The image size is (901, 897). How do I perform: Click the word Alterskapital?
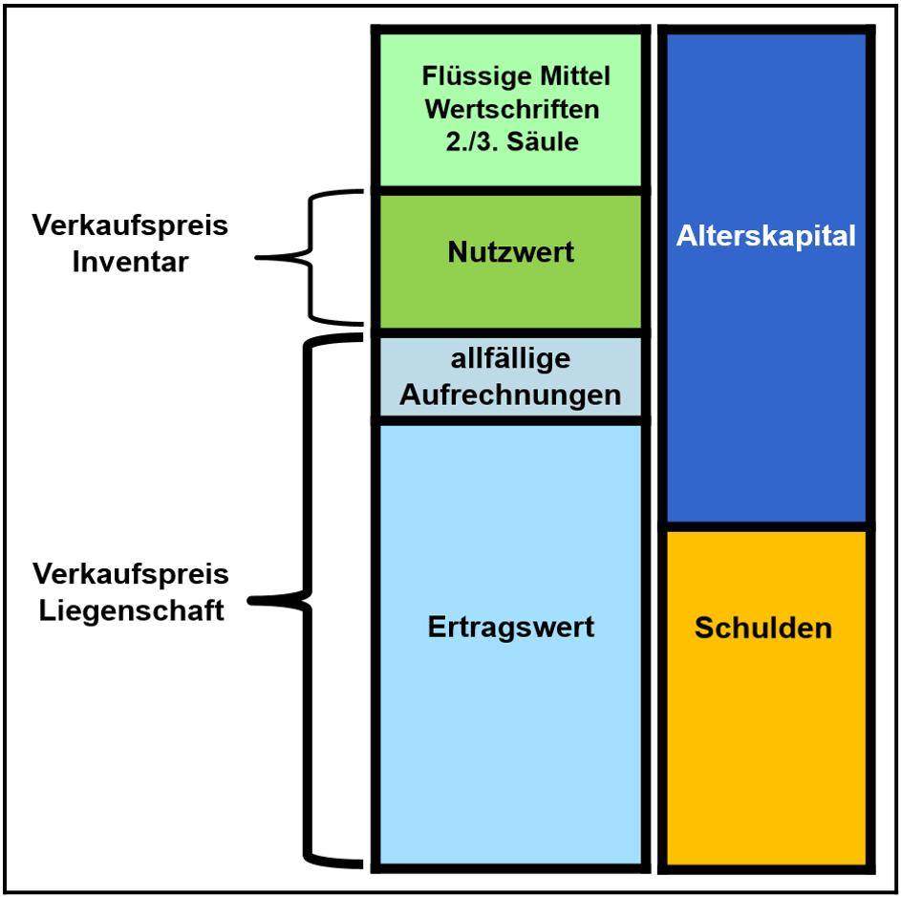pyautogui.click(x=765, y=236)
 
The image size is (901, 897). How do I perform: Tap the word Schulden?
pyautogui.click(x=762, y=628)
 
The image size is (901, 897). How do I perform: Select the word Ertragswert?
pyautogui.click(x=510, y=627)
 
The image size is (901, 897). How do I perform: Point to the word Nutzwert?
pyautogui.click(x=510, y=252)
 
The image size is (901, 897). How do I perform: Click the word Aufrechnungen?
pyautogui.click(x=510, y=395)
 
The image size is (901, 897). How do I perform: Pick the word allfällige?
pyautogui.click(x=510, y=359)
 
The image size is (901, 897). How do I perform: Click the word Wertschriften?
pyautogui.click(x=512, y=109)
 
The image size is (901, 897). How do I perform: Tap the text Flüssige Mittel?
pyautogui.click(x=516, y=75)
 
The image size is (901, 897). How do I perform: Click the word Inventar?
pyautogui.click(x=131, y=262)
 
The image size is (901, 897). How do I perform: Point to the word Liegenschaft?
pyautogui.click(x=132, y=609)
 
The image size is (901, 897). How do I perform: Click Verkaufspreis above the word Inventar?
pyautogui.click(x=130, y=226)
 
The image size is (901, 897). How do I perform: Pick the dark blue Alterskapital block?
pyautogui.click(x=765, y=382)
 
